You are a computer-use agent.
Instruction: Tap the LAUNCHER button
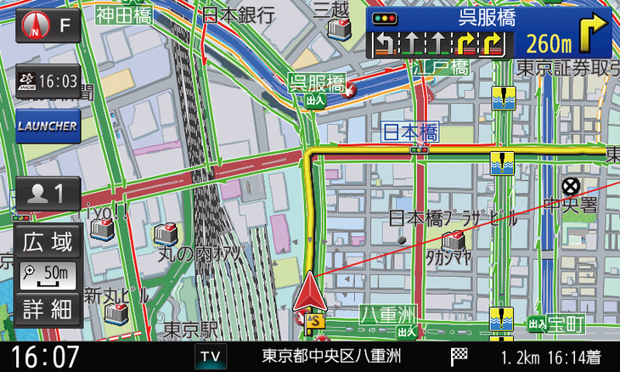(48, 127)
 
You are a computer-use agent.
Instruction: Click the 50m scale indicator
(48, 274)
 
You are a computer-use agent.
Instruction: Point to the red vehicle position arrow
(310, 293)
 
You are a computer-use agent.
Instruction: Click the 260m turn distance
(549, 42)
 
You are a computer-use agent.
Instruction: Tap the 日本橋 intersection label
(409, 132)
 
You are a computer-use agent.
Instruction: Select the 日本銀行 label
(240, 14)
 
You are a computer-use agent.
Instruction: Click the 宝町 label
(566, 324)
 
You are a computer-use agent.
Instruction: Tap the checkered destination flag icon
(459, 356)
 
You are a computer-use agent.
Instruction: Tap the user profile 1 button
(48, 193)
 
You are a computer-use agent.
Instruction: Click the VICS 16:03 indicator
(48, 82)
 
